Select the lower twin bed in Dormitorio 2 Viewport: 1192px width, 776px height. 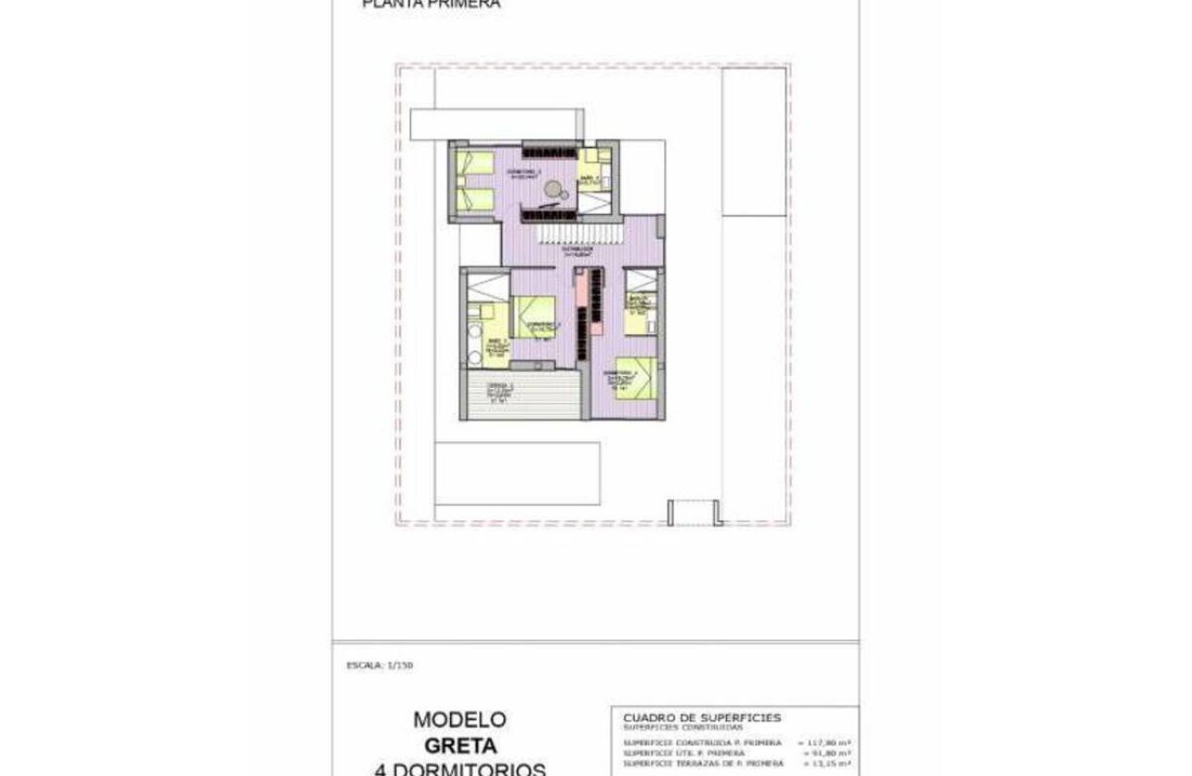click(477, 197)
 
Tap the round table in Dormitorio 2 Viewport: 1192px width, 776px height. click(553, 190)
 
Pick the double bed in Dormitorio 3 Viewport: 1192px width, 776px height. click(532, 316)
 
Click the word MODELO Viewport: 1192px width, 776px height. click(459, 719)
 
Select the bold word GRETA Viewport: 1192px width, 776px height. click(460, 745)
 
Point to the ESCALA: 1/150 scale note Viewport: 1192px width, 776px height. click(373, 664)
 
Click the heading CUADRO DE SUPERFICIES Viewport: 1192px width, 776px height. click(702, 717)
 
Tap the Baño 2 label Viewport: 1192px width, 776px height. click(590, 179)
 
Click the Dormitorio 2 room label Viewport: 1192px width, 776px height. click(528, 173)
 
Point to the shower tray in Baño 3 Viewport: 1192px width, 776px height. click(641, 280)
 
